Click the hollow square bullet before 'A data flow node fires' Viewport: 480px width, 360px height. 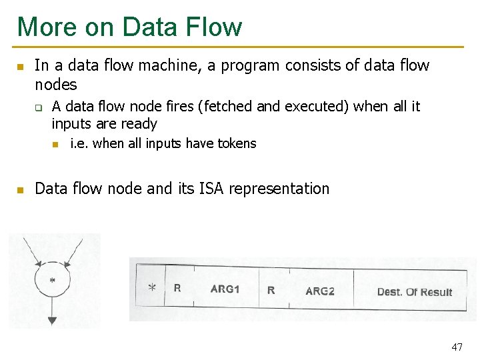click(x=39, y=107)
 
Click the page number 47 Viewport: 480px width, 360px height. click(x=457, y=347)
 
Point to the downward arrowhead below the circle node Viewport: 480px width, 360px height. click(x=52, y=321)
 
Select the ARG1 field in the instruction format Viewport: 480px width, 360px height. click(x=225, y=289)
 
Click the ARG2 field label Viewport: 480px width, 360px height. click(x=320, y=291)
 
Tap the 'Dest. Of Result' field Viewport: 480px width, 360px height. click(x=414, y=292)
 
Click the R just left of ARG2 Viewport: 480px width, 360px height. click(x=271, y=290)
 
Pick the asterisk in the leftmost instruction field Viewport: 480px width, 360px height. click(x=152, y=288)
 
